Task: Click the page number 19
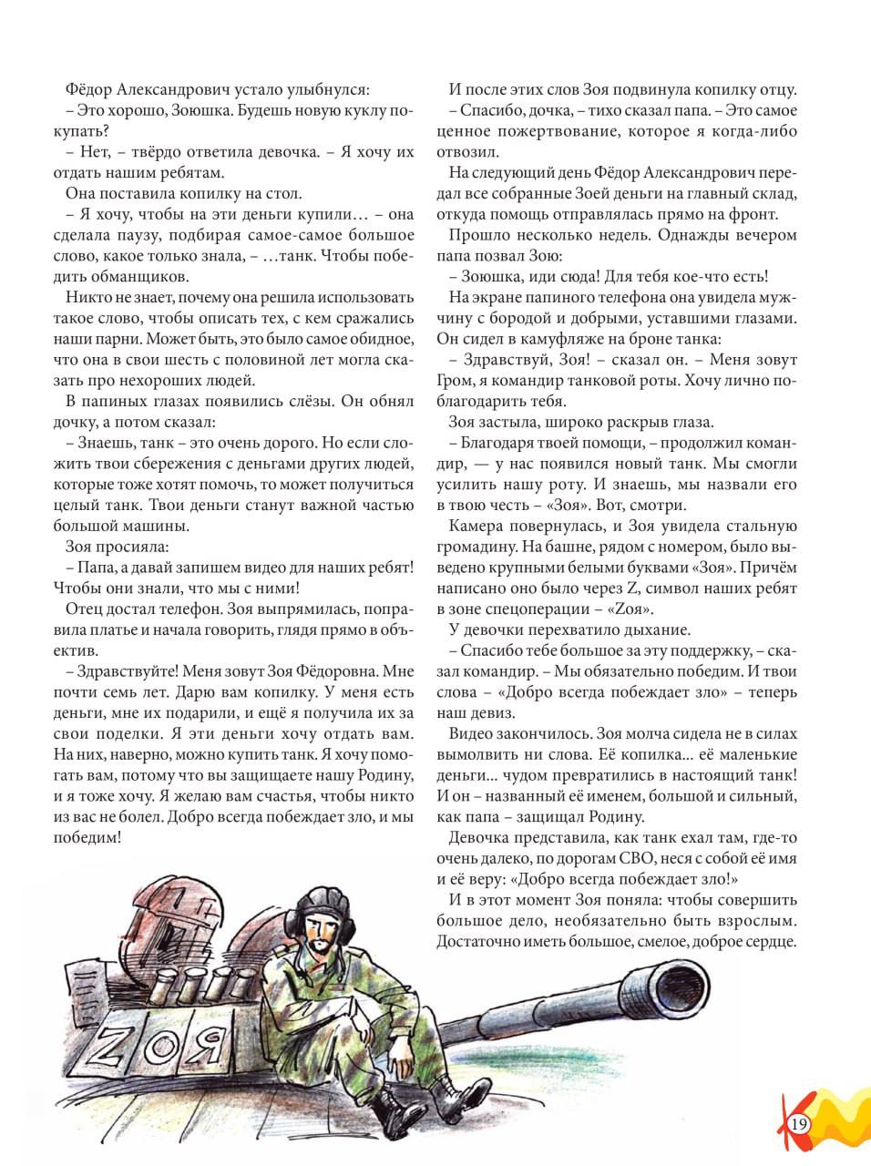[800, 1123]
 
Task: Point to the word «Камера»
[475, 526]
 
